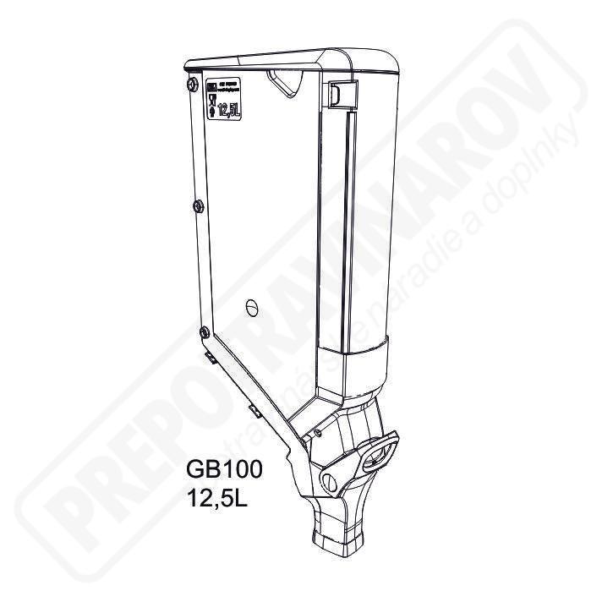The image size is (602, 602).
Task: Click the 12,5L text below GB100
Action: click(x=222, y=495)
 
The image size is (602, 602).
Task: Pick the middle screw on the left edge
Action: click(x=197, y=206)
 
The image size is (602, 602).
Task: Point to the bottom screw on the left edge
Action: click(x=203, y=332)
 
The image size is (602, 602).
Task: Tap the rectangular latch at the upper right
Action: click(x=337, y=94)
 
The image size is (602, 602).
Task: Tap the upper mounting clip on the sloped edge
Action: click(x=215, y=363)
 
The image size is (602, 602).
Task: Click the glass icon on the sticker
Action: click(x=213, y=99)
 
